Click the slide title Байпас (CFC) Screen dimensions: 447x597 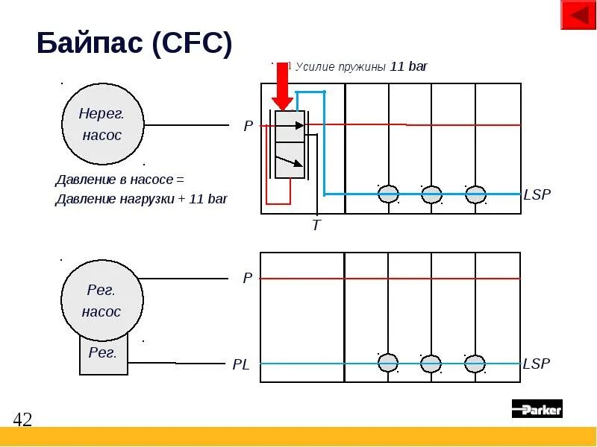click(134, 44)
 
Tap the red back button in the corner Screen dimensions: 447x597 click(578, 15)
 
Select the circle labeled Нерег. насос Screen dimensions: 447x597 click(102, 124)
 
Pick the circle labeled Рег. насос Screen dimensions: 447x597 click(102, 301)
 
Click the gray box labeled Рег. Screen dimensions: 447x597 click(103, 353)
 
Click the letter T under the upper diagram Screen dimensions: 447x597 click(316, 225)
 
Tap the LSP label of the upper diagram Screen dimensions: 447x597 click(537, 195)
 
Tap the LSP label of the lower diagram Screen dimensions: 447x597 click(537, 364)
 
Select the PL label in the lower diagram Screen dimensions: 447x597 click(240, 364)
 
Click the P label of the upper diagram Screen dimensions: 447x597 click(249, 127)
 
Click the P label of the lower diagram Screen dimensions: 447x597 click(248, 279)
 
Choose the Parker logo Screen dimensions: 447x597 click(537, 408)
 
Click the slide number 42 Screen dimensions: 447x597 click(22, 419)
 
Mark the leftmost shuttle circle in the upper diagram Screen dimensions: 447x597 click(388, 194)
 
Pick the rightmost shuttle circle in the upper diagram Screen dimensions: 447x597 click(475, 194)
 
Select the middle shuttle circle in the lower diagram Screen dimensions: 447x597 click(431, 364)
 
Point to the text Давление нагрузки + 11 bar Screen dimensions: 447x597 click(141, 199)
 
